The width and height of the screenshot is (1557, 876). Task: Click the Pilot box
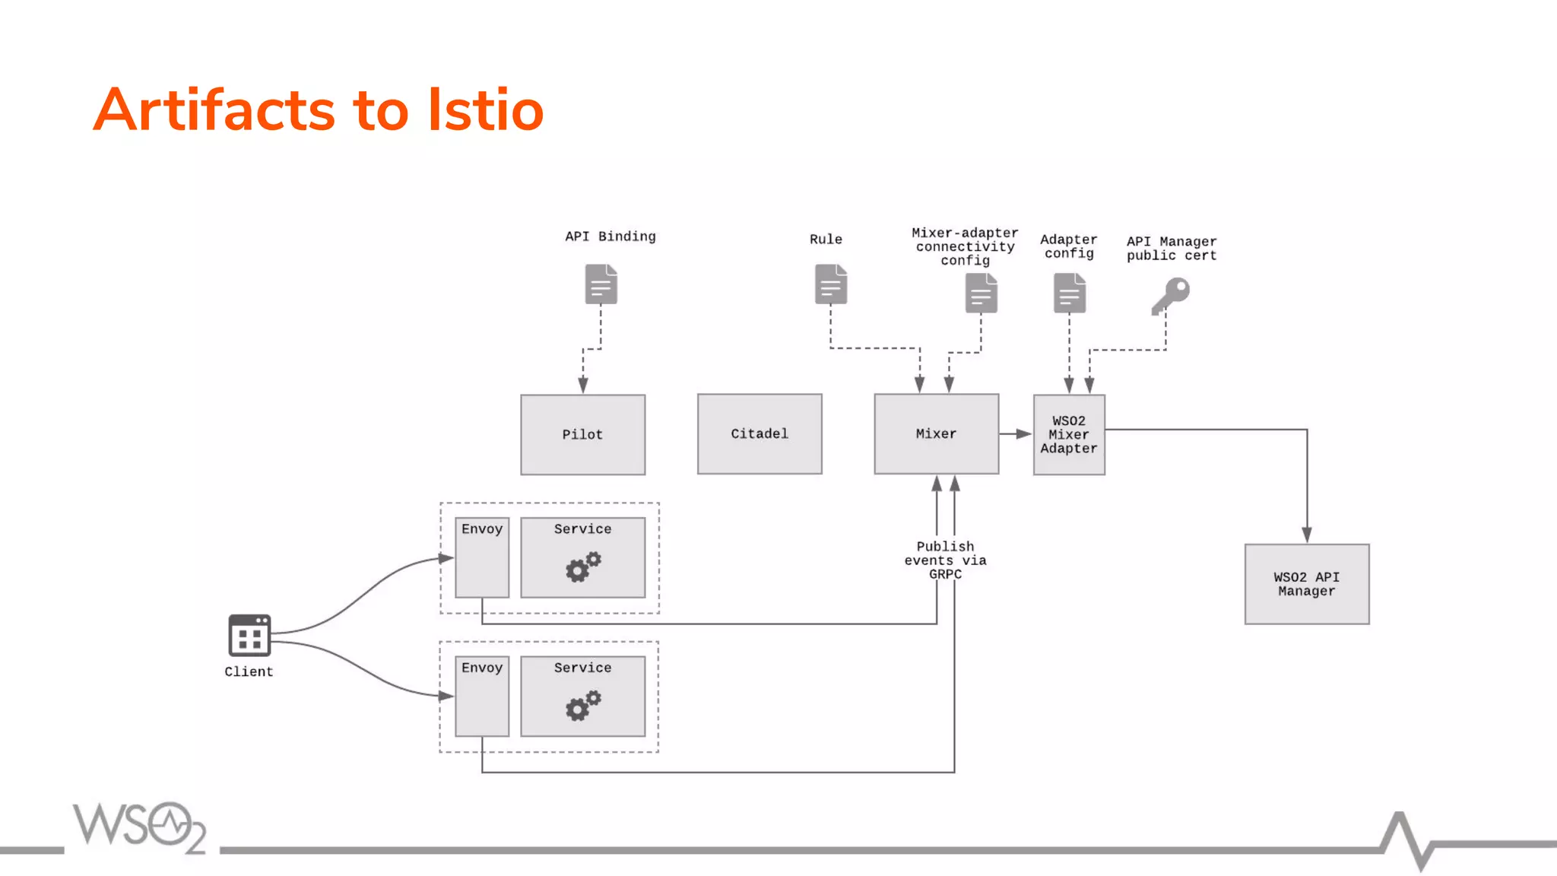click(582, 434)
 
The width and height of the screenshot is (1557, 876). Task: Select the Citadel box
click(759, 433)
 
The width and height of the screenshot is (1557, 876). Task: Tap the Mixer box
click(936, 433)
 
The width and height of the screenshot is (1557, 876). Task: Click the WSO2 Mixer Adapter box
click(1069, 434)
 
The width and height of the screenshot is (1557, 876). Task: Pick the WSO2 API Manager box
click(1306, 584)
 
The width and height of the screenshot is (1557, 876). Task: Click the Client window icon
click(249, 636)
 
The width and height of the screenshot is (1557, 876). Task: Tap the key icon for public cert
click(1171, 295)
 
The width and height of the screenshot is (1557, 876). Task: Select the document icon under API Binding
click(601, 284)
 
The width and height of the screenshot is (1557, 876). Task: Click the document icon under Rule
click(830, 284)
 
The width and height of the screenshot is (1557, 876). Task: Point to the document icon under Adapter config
click(1069, 294)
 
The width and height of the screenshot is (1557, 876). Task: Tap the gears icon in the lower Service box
click(582, 706)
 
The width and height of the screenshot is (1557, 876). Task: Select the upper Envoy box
click(482, 557)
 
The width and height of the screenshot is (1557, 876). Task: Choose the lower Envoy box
click(482, 696)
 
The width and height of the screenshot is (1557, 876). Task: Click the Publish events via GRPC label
click(945, 560)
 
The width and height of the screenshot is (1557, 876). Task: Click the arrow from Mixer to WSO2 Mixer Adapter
click(1016, 433)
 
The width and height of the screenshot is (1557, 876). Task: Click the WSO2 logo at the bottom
click(140, 827)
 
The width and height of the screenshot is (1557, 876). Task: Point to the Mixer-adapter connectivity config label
click(965, 246)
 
